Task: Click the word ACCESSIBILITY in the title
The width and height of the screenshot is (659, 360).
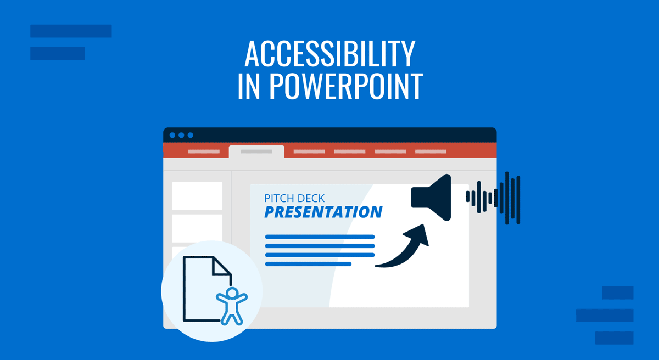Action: coord(330,54)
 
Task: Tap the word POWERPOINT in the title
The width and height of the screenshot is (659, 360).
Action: coord(347,86)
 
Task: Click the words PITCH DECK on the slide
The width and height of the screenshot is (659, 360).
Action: coord(294,198)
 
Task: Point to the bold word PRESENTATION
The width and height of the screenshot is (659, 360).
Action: coord(323,212)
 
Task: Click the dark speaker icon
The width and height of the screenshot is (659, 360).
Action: coord(431,197)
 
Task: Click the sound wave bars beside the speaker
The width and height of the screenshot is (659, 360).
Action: coord(493,198)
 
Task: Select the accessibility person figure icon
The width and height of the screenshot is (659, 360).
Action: coord(232,306)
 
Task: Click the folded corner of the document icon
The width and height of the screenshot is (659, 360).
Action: coord(221,266)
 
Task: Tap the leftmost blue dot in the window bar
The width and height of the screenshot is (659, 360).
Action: coord(172,135)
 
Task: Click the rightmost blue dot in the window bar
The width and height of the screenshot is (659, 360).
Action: coord(191,135)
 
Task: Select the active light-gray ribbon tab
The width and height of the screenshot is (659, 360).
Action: coord(256,151)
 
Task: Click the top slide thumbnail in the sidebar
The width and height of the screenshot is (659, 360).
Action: coord(197,196)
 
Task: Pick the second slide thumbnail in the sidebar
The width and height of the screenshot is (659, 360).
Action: coord(197,228)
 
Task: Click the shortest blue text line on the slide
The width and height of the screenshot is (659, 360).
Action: coord(308,264)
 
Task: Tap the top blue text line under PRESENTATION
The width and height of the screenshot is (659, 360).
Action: coord(320,237)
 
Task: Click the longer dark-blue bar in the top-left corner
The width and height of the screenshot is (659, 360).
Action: coord(71,31)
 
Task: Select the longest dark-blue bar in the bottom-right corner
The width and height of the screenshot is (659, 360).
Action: coord(605,316)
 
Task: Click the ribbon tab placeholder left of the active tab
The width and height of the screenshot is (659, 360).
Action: coord(204,151)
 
